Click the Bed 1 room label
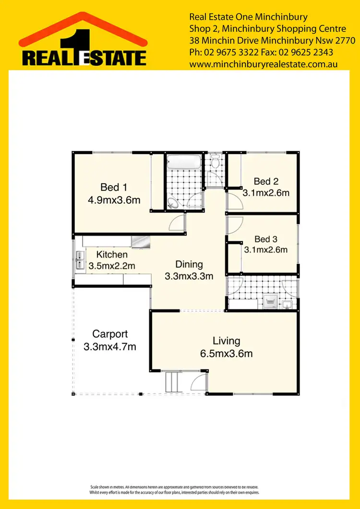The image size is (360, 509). [x=114, y=187]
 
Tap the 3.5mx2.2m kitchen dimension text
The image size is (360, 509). [x=112, y=265]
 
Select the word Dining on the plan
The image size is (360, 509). [x=189, y=264]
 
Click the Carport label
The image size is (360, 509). [x=110, y=334]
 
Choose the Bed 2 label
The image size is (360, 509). [x=266, y=181]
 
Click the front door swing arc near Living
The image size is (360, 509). [x=198, y=382]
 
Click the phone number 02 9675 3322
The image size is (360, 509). [x=226, y=52]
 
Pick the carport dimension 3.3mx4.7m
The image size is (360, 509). [x=110, y=346]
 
